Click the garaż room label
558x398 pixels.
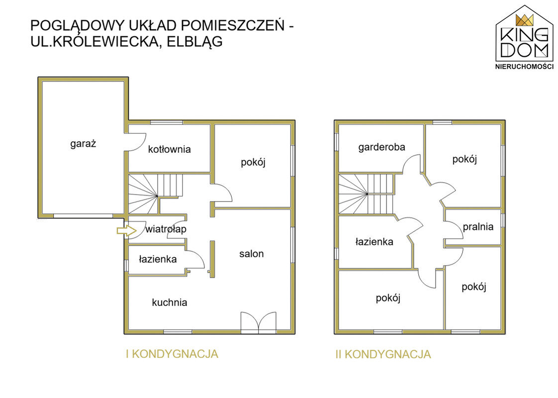(x=83, y=144)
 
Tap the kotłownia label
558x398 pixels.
(x=169, y=149)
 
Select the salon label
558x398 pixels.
(x=251, y=254)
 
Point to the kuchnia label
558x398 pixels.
(x=170, y=302)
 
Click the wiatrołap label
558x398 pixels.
(x=166, y=229)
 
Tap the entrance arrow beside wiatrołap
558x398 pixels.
(x=126, y=230)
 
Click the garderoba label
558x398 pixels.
(x=381, y=147)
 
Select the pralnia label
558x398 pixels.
(x=478, y=227)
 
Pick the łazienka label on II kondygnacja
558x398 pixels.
(x=374, y=242)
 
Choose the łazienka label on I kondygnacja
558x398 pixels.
(x=157, y=259)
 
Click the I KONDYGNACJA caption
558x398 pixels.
(x=172, y=354)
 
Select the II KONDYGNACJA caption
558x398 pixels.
(x=382, y=355)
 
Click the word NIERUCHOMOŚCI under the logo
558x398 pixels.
(x=524, y=66)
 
